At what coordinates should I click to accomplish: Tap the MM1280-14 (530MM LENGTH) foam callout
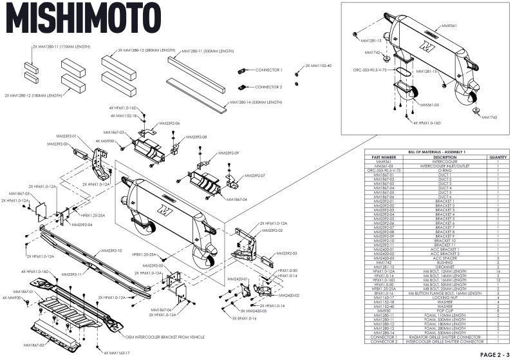click(256, 102)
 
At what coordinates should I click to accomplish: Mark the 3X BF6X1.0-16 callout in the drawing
click(245, 317)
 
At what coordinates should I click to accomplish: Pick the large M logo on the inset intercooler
click(424, 47)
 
